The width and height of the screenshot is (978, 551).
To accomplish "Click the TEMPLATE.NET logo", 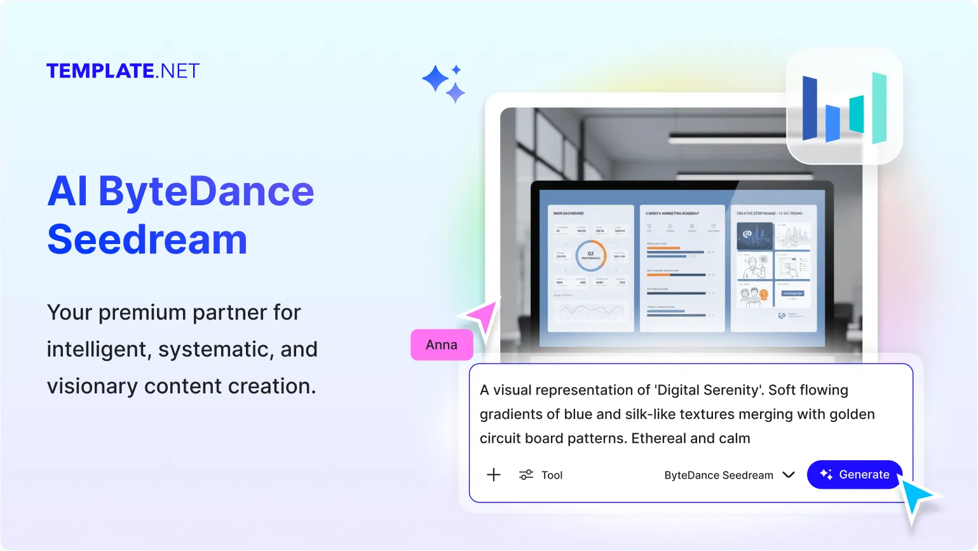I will [123, 71].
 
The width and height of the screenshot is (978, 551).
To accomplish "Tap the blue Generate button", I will [854, 475].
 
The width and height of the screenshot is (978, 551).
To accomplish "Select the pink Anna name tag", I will [442, 344].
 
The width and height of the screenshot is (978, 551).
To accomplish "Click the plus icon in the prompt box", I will [494, 475].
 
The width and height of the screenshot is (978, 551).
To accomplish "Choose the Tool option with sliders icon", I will [541, 475].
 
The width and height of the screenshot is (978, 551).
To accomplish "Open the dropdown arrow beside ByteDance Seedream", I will [789, 475].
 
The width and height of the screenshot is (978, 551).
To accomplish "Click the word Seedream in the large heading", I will [147, 240].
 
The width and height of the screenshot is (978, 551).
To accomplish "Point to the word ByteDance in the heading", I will [206, 191].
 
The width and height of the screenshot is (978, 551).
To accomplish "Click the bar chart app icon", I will [845, 106].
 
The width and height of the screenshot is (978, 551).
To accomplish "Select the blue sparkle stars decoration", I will [444, 83].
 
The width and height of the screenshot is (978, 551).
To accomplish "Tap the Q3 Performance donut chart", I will [590, 255].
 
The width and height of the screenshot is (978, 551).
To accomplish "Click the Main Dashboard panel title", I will [568, 214].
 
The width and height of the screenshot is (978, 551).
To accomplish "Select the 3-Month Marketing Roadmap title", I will [672, 214].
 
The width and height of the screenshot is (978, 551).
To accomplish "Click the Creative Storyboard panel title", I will [769, 214].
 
